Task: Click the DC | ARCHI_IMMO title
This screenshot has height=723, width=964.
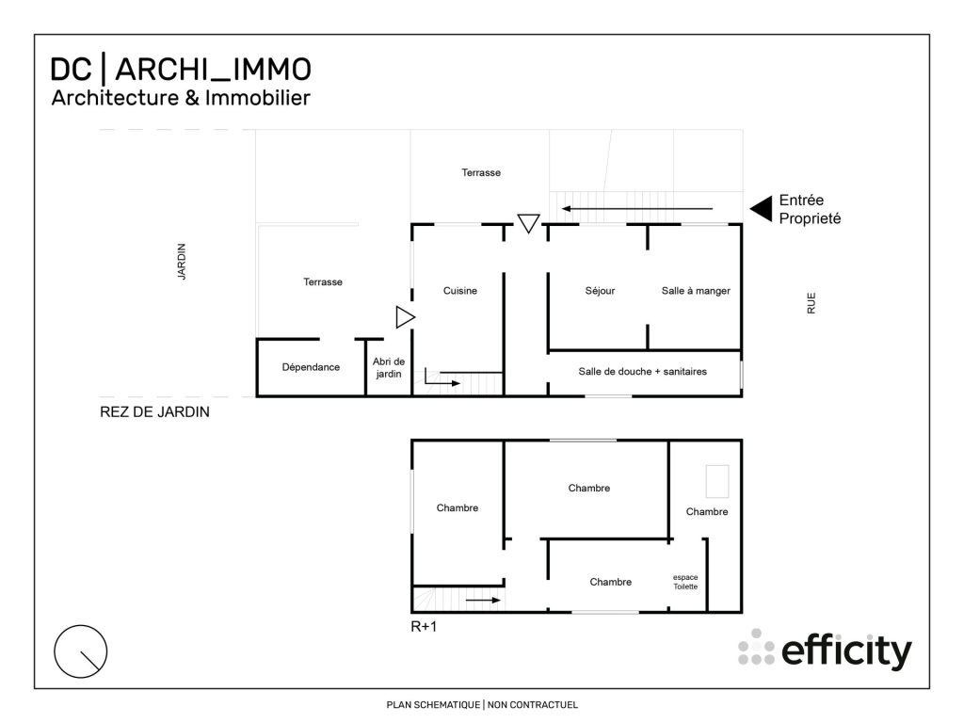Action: tap(180, 69)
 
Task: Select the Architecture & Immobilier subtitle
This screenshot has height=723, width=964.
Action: tap(180, 97)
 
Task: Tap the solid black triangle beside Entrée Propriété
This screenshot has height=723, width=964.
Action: tap(761, 208)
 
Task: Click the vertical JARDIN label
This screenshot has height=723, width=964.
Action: tap(182, 262)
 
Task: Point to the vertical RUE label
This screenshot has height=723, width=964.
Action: tap(811, 302)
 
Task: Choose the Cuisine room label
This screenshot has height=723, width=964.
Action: tap(460, 291)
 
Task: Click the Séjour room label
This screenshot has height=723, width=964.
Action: tap(600, 291)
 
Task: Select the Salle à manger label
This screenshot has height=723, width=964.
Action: tap(696, 291)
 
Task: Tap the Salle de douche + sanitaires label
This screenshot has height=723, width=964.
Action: tap(642, 371)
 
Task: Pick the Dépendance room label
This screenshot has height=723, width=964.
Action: tap(311, 367)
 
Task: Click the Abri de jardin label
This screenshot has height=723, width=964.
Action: tap(388, 367)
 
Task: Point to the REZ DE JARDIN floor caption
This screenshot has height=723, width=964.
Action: tap(154, 411)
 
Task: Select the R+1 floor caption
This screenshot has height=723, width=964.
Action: tap(424, 624)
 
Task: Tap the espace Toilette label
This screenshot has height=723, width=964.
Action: tap(685, 581)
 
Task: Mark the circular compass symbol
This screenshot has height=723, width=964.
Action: tap(81, 651)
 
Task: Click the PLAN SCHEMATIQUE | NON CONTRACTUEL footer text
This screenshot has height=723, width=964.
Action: tap(482, 704)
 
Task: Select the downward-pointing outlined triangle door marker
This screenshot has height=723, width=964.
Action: tap(528, 223)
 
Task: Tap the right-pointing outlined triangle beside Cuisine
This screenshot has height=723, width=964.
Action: tap(405, 318)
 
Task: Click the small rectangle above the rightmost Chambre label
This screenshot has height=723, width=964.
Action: tap(718, 481)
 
